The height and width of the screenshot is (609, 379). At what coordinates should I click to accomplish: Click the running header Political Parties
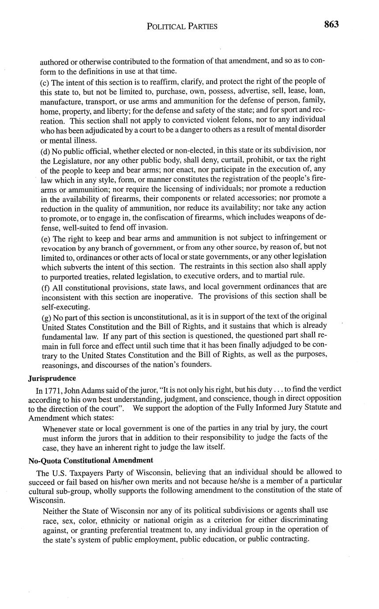coord(182,26)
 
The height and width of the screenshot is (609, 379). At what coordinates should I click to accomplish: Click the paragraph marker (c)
coord(45,81)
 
